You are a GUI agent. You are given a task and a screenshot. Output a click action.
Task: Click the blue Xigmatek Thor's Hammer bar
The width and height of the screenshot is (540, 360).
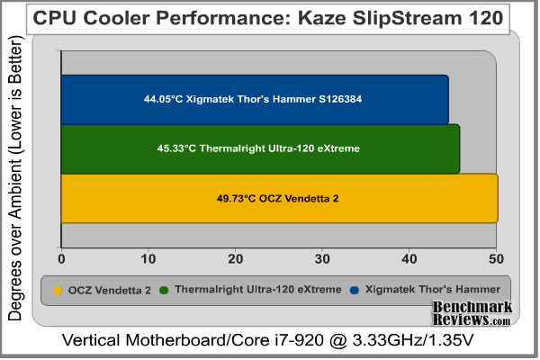click(255, 99)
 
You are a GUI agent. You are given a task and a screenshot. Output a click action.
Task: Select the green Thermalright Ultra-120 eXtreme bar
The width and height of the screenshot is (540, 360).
click(260, 148)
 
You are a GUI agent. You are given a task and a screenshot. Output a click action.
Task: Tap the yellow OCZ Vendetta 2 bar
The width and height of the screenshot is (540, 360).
click(279, 198)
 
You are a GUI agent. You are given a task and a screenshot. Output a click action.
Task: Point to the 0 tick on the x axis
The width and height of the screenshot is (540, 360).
click(61, 259)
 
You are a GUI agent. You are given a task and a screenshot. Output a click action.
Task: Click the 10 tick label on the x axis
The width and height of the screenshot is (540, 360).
click(148, 259)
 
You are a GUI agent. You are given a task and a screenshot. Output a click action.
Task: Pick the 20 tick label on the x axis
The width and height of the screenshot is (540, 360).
click(235, 259)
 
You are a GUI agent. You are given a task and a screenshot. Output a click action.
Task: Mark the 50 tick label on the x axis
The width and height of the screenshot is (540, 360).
click(495, 259)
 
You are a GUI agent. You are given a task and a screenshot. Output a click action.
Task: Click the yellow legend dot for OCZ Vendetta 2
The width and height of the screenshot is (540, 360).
click(58, 290)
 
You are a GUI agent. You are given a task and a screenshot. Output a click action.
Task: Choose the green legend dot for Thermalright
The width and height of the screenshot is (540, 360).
click(164, 290)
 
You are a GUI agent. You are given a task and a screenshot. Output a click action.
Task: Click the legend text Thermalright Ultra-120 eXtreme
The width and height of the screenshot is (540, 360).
click(256, 290)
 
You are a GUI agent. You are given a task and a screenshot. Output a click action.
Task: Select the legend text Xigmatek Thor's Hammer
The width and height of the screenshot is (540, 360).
click(436, 290)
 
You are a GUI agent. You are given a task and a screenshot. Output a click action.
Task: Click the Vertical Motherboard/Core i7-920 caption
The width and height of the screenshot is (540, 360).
click(269, 343)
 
